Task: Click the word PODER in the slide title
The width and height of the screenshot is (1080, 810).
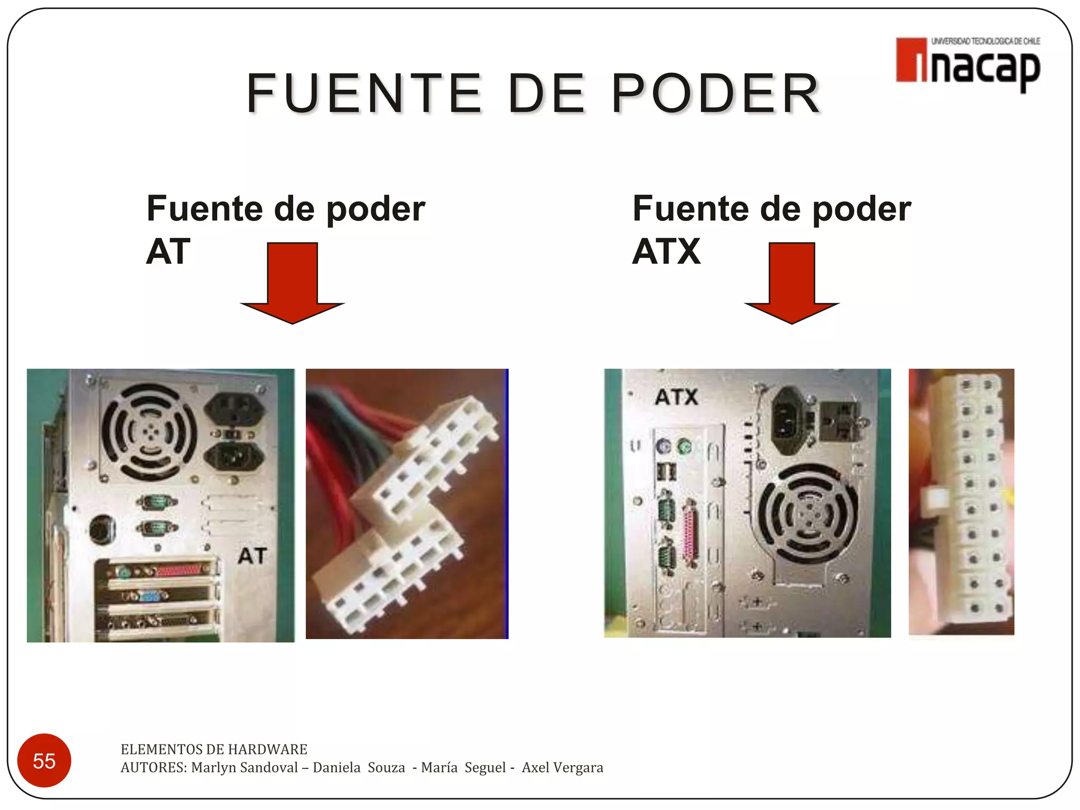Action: point(716,94)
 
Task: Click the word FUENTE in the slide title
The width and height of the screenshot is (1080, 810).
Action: point(364,94)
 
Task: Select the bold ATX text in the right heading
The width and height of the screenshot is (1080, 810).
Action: point(666,252)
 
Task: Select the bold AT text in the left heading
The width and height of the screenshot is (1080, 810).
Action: point(168,252)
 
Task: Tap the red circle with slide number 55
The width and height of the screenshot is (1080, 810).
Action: point(44,760)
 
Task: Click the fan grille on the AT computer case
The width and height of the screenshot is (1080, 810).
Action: point(149,432)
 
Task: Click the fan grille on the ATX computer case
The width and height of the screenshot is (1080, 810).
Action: point(808,514)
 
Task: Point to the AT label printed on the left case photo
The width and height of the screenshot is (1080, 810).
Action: point(252,556)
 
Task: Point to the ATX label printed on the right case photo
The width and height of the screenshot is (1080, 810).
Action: point(677,397)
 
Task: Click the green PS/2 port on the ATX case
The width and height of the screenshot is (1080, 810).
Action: point(684,448)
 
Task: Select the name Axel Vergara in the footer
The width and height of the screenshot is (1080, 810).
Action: point(562,767)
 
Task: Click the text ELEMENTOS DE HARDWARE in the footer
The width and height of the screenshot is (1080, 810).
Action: point(214,749)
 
